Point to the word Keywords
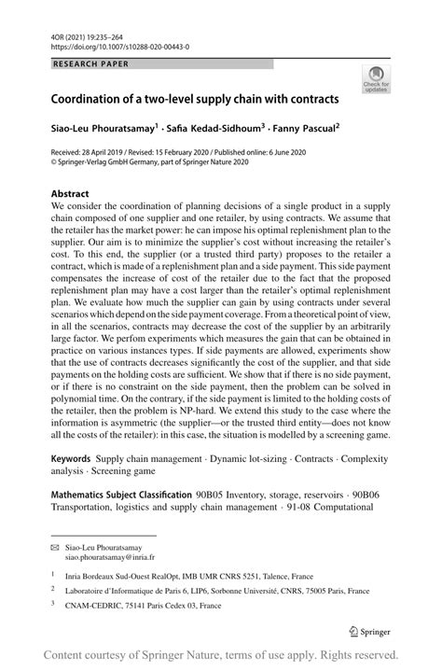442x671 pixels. coord(71,459)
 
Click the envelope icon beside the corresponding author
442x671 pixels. coord(56,543)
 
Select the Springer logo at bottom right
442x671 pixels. coord(373,628)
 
